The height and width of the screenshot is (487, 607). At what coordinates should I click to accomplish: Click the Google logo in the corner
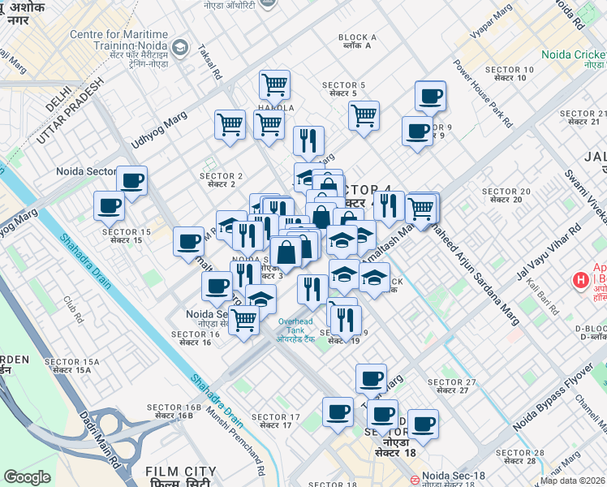click(28, 476)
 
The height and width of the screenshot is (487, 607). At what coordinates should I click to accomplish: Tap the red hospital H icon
click(580, 281)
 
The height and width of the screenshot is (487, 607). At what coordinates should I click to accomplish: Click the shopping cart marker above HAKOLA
click(274, 84)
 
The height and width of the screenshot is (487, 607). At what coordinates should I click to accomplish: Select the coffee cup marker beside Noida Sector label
click(131, 181)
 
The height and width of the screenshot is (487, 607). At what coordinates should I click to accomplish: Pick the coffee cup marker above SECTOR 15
click(109, 205)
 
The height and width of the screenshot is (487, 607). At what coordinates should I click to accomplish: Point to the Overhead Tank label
click(296, 326)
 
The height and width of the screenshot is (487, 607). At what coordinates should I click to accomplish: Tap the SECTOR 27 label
click(451, 386)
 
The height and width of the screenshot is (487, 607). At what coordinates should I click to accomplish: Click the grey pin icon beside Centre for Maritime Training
click(181, 47)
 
